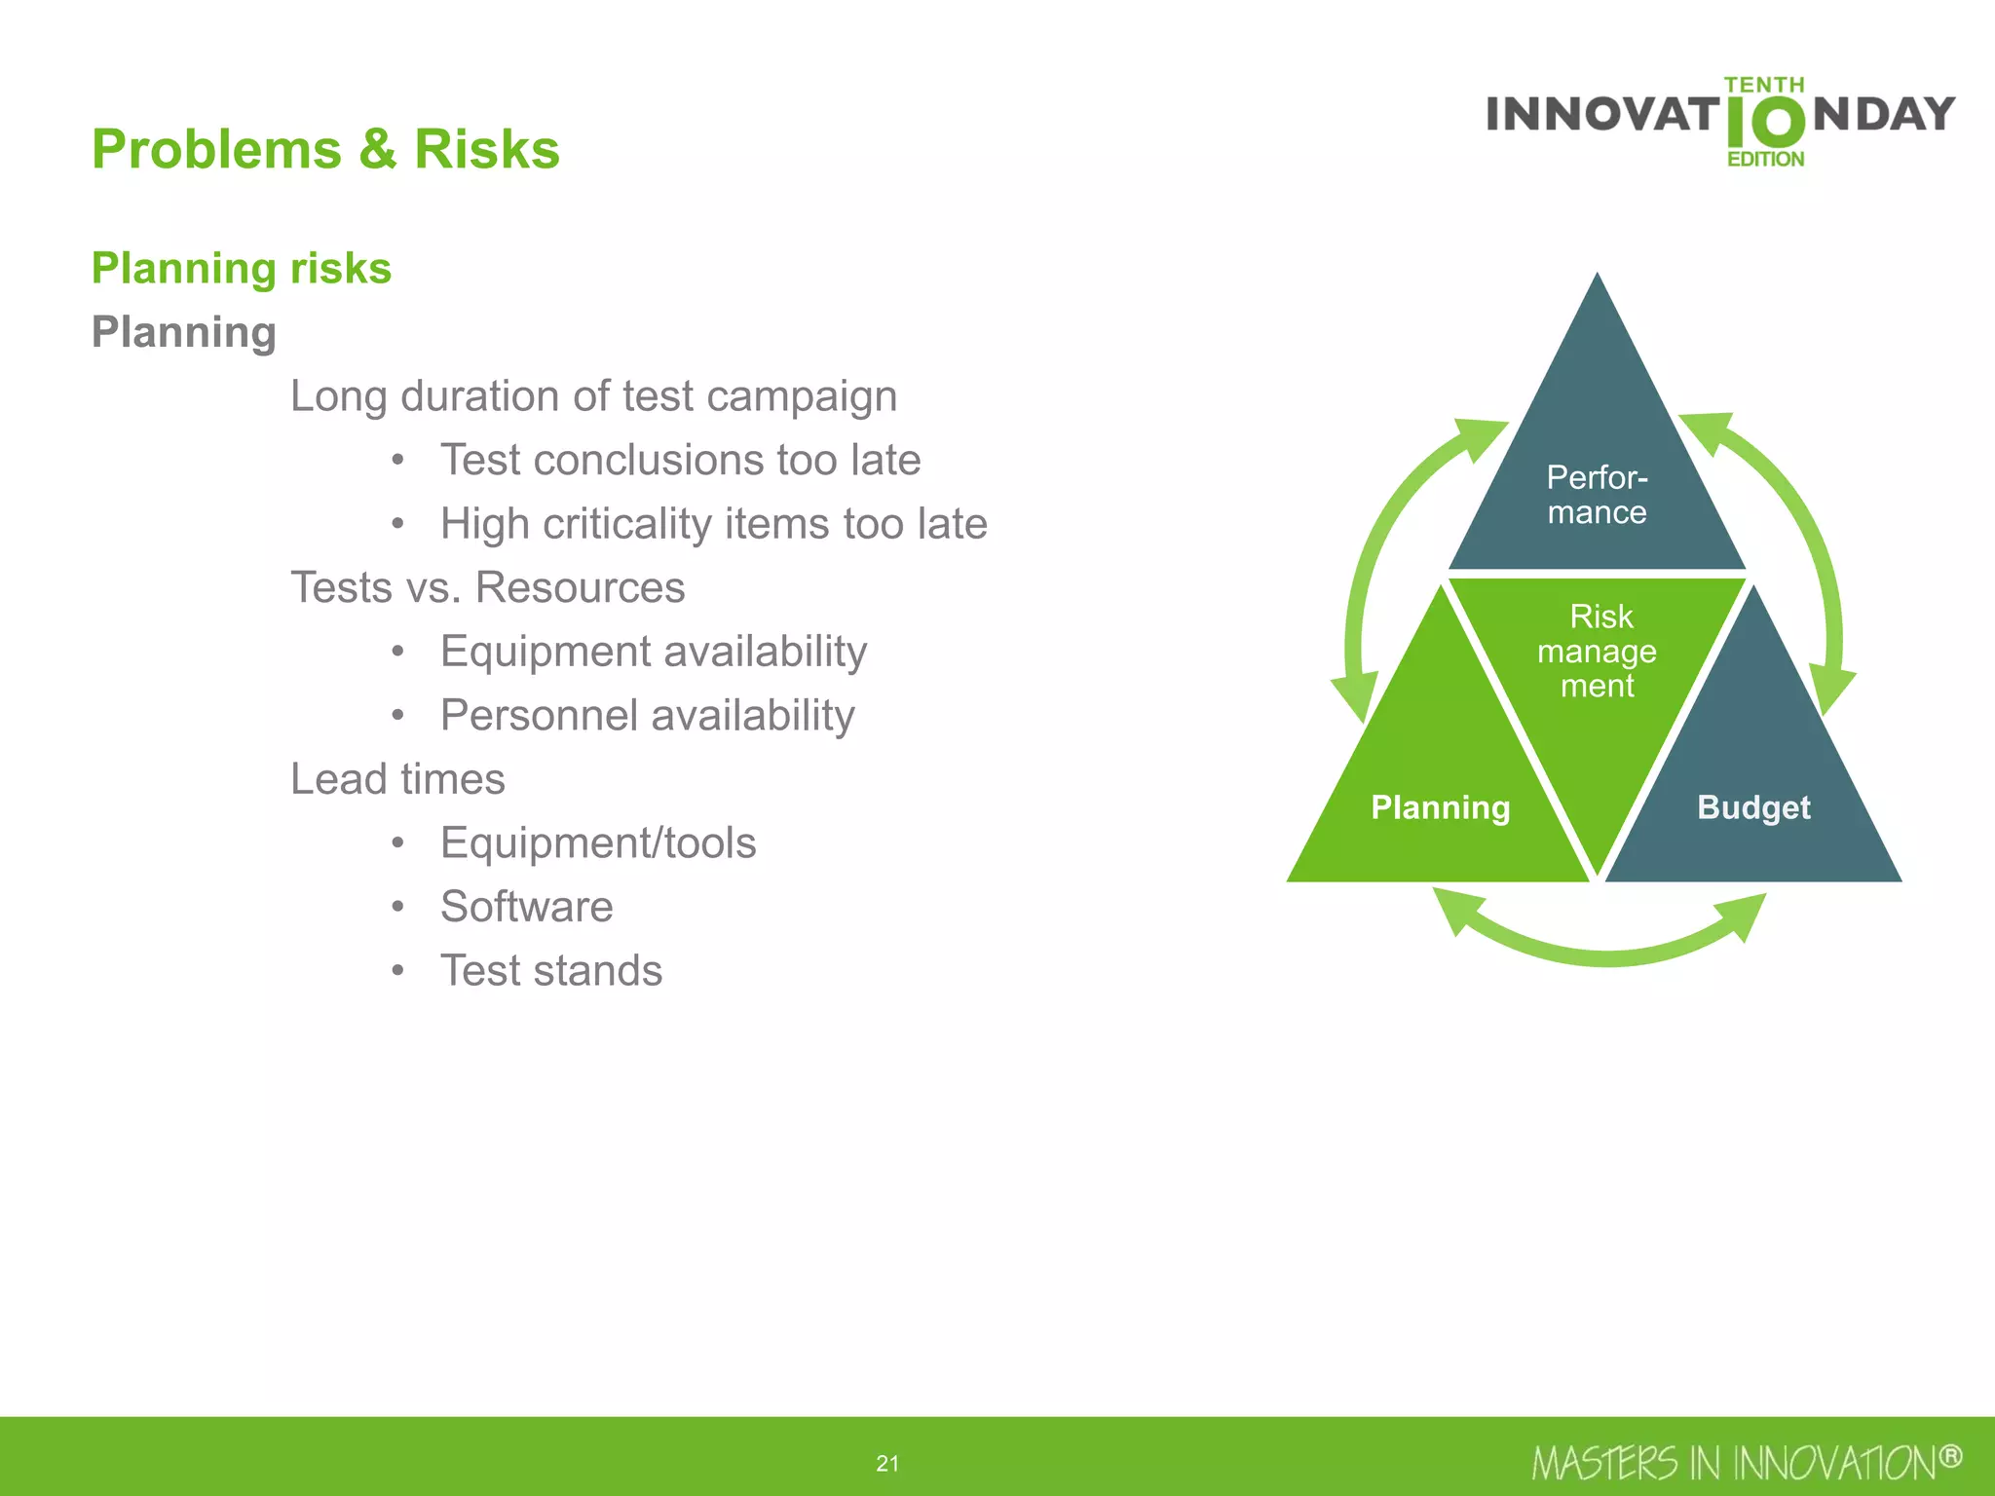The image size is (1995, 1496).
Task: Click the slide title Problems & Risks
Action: (x=325, y=149)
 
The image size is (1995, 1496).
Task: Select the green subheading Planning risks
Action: (x=241, y=268)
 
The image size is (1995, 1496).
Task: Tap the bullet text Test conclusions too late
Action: (x=680, y=460)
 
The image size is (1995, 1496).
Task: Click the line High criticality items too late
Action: (x=713, y=524)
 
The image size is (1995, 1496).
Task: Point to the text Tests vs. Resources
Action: (x=487, y=587)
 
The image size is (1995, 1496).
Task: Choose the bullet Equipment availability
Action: (x=653, y=652)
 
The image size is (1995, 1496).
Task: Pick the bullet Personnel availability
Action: (x=647, y=715)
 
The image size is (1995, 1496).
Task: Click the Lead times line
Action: (x=397, y=779)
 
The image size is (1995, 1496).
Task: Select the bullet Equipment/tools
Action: (x=597, y=842)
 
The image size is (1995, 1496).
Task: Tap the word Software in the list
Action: (x=526, y=907)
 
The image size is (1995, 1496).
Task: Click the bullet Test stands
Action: (x=550, y=970)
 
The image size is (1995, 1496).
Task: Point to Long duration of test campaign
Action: (x=593, y=396)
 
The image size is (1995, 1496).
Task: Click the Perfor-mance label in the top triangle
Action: (x=1597, y=495)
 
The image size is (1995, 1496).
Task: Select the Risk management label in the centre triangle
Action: (x=1597, y=651)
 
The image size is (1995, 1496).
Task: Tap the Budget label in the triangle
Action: (x=1752, y=807)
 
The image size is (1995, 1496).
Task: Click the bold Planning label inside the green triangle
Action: (x=1440, y=807)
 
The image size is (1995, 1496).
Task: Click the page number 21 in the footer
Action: (x=887, y=1463)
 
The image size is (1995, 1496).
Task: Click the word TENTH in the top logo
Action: (x=1763, y=85)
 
